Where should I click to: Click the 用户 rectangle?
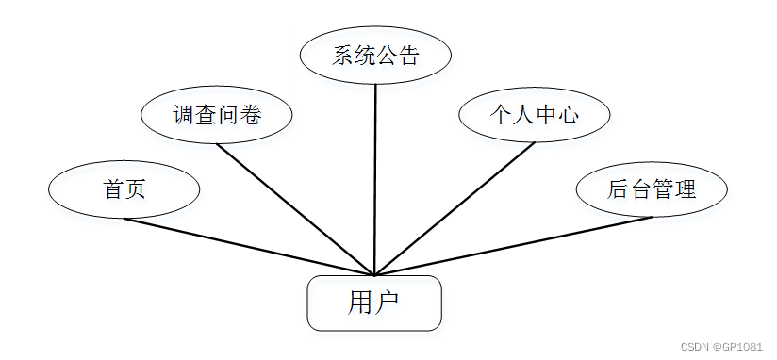pyautogui.click(x=374, y=303)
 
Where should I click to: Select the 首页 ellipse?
pyautogui.click(x=124, y=189)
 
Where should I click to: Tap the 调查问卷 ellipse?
pyautogui.click(x=217, y=116)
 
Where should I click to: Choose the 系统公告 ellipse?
pyautogui.click(x=374, y=56)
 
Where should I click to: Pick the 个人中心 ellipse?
pyautogui.click(x=534, y=116)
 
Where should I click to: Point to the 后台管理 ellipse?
pyautogui.click(x=652, y=189)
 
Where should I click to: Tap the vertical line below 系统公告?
pyautogui.click(x=375, y=179)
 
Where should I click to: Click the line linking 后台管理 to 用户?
pyautogui.click(x=514, y=246)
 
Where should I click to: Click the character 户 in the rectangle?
pyautogui.click(x=388, y=303)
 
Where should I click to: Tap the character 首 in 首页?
pyautogui.click(x=113, y=189)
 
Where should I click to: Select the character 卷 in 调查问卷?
pyautogui.click(x=250, y=116)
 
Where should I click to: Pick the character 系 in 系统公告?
pyautogui.click(x=342, y=56)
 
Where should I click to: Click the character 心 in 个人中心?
pyautogui.click(x=567, y=116)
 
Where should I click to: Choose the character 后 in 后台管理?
pyautogui.click(x=619, y=189)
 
